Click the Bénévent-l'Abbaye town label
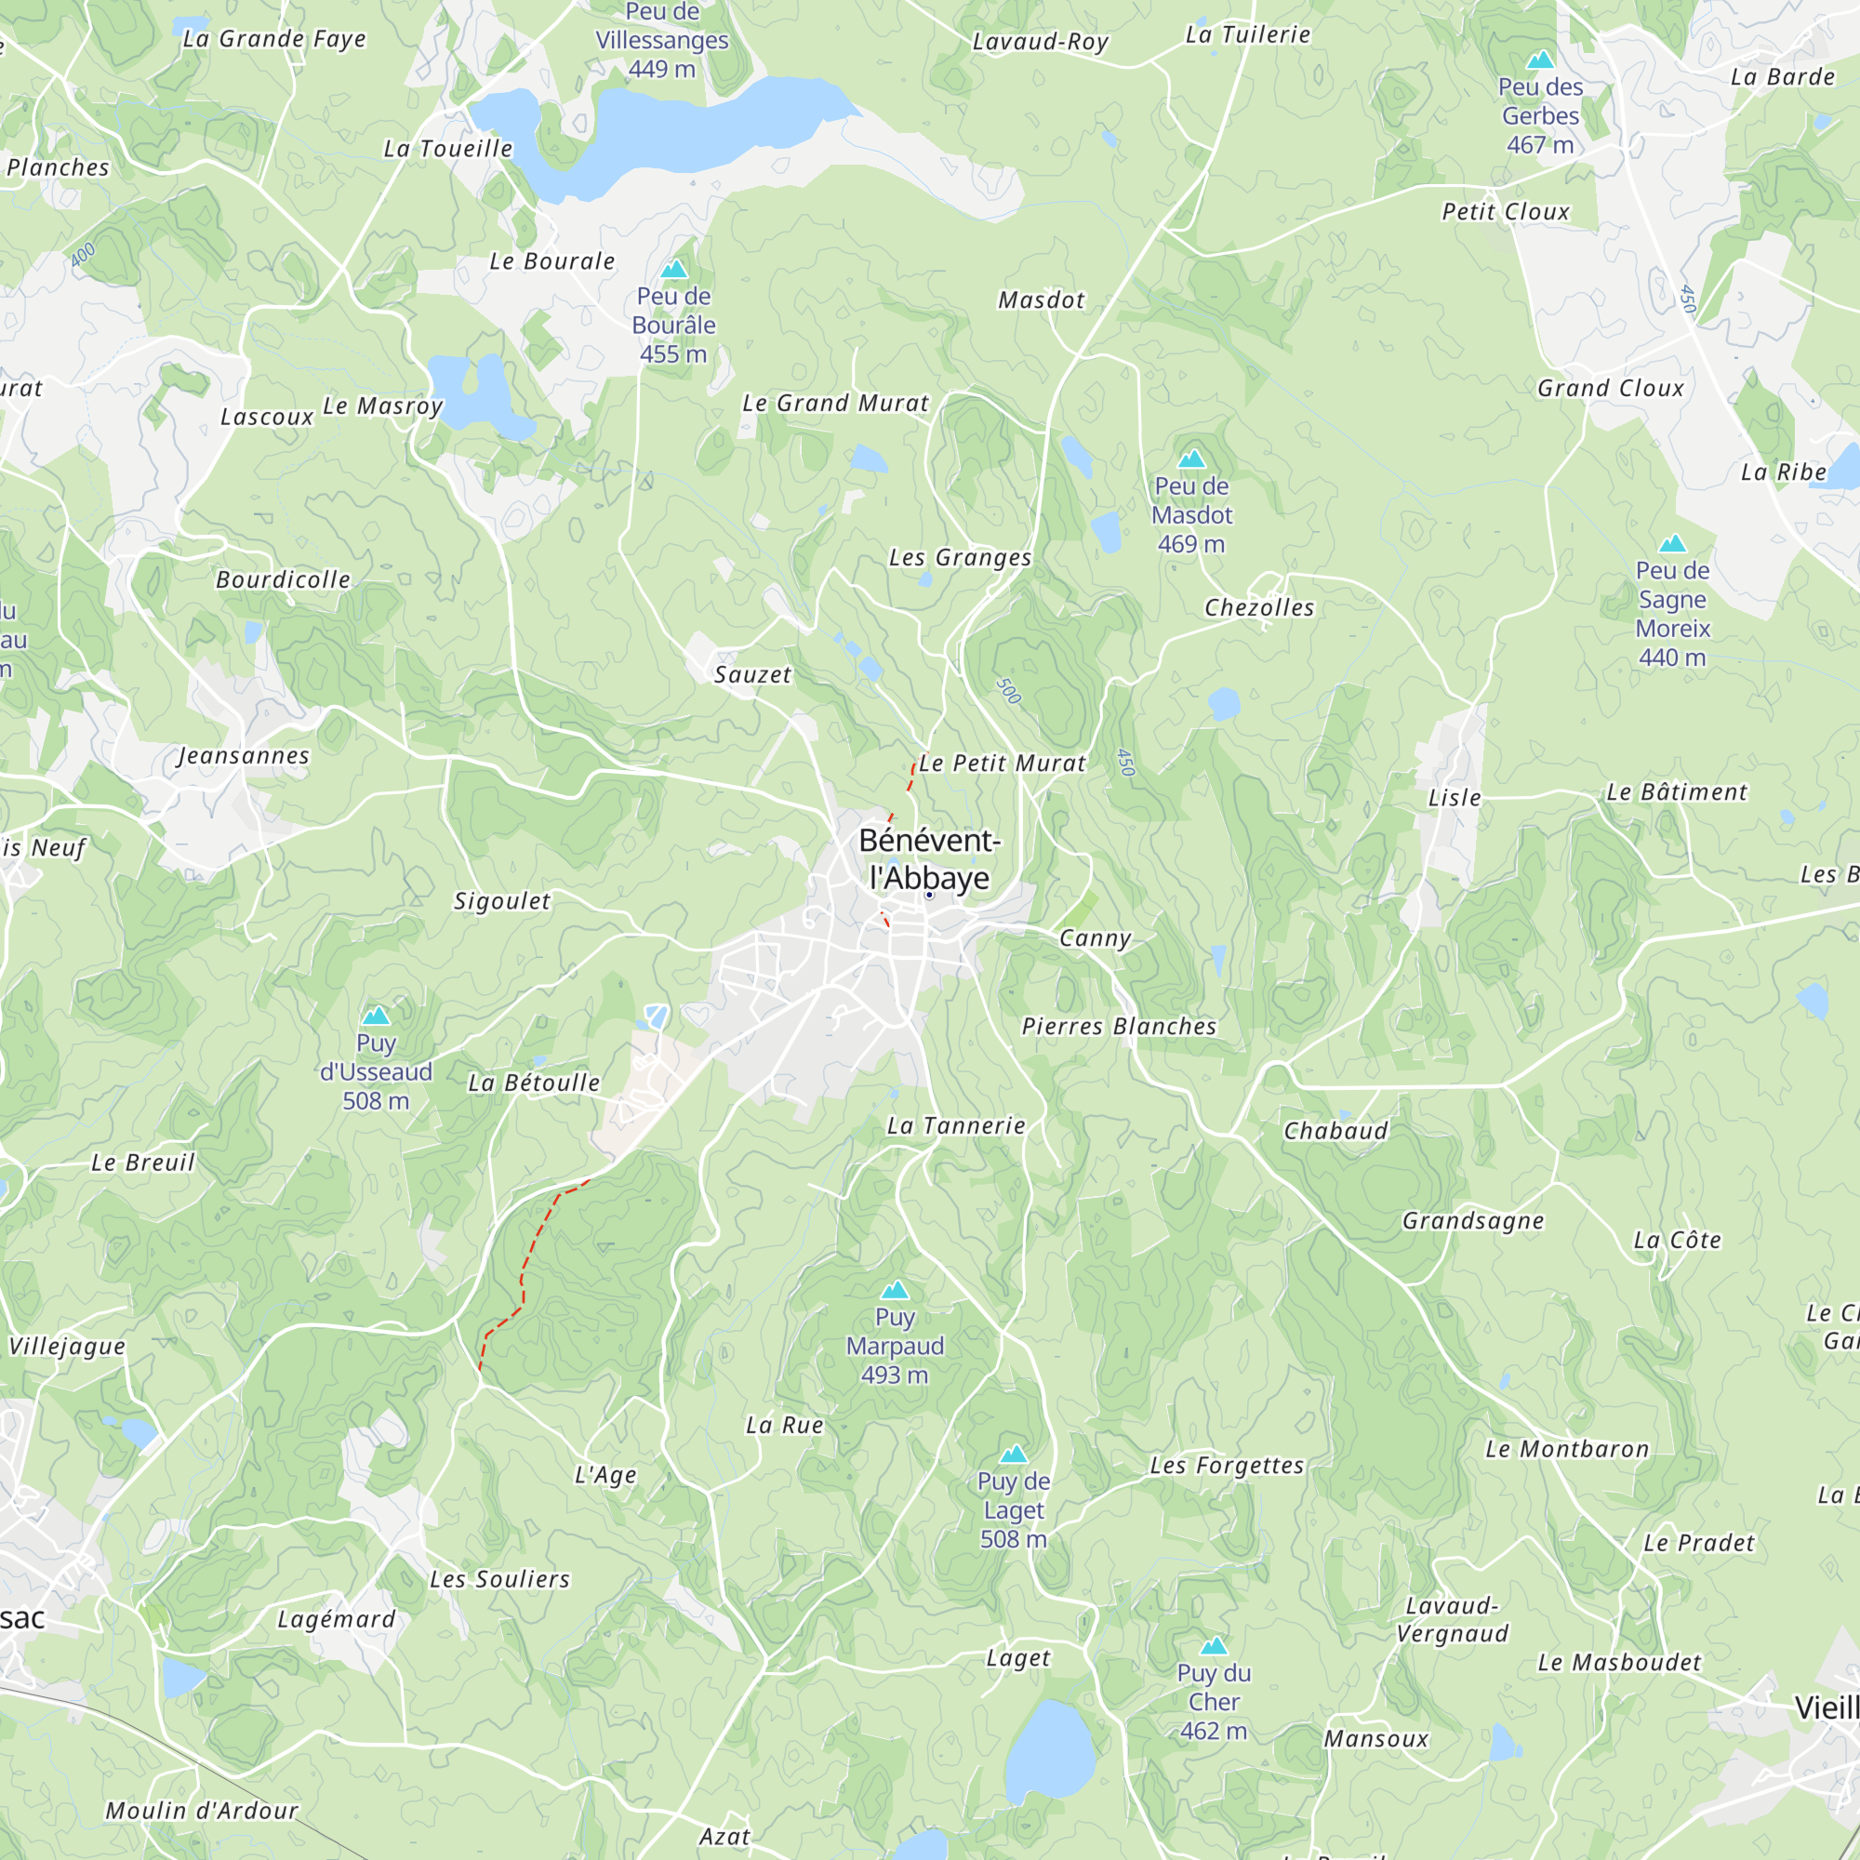pos(929,858)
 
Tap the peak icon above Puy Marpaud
pos(896,1290)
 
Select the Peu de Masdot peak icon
pos(1192,459)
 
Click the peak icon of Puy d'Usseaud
pos(376,1016)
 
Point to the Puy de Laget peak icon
pos(1014,1455)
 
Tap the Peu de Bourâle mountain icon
pos(674,269)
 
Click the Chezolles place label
pos(1259,607)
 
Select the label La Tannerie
pos(956,1125)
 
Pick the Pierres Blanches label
pos(1119,1027)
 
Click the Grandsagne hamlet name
pos(1473,1221)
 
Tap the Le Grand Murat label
pos(836,404)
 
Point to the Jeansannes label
pos(245,756)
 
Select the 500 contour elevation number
pos(1008,690)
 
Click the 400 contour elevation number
pos(83,254)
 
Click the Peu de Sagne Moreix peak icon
pos(1672,544)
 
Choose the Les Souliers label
pos(499,1579)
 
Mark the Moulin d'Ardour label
pos(202,1811)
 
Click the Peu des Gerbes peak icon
pos(1540,60)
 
